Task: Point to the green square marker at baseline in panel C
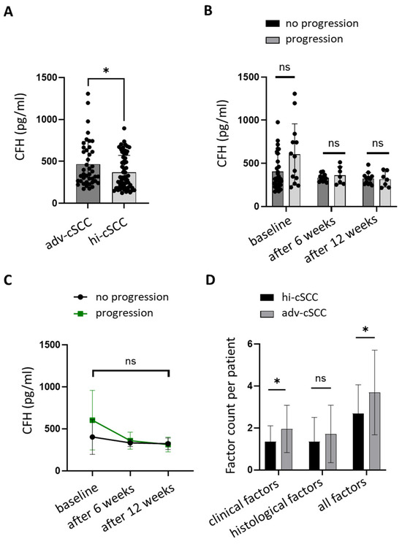[93, 420]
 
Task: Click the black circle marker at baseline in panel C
[93, 437]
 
